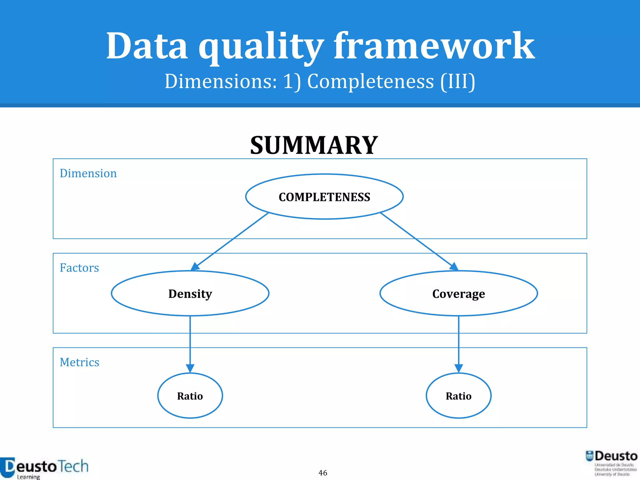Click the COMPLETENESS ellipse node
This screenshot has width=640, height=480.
coord(324,197)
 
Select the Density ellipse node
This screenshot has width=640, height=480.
coord(190,293)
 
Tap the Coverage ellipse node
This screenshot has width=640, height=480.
coord(458,293)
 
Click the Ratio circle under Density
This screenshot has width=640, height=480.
coord(190,396)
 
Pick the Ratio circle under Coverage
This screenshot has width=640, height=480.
coord(458,396)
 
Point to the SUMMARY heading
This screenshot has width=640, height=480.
coord(314,145)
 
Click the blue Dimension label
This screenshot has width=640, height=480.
coord(88,173)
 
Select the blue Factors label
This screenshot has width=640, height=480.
coord(79,268)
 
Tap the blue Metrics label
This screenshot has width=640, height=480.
coord(79,362)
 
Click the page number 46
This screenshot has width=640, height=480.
coord(323,472)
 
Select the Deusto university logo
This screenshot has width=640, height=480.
coord(612,463)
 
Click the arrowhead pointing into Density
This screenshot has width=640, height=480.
coord(195,267)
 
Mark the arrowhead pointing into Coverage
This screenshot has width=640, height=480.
coord(454,267)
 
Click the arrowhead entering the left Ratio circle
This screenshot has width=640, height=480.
coord(190,368)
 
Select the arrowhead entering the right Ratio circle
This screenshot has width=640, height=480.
coord(458,368)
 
